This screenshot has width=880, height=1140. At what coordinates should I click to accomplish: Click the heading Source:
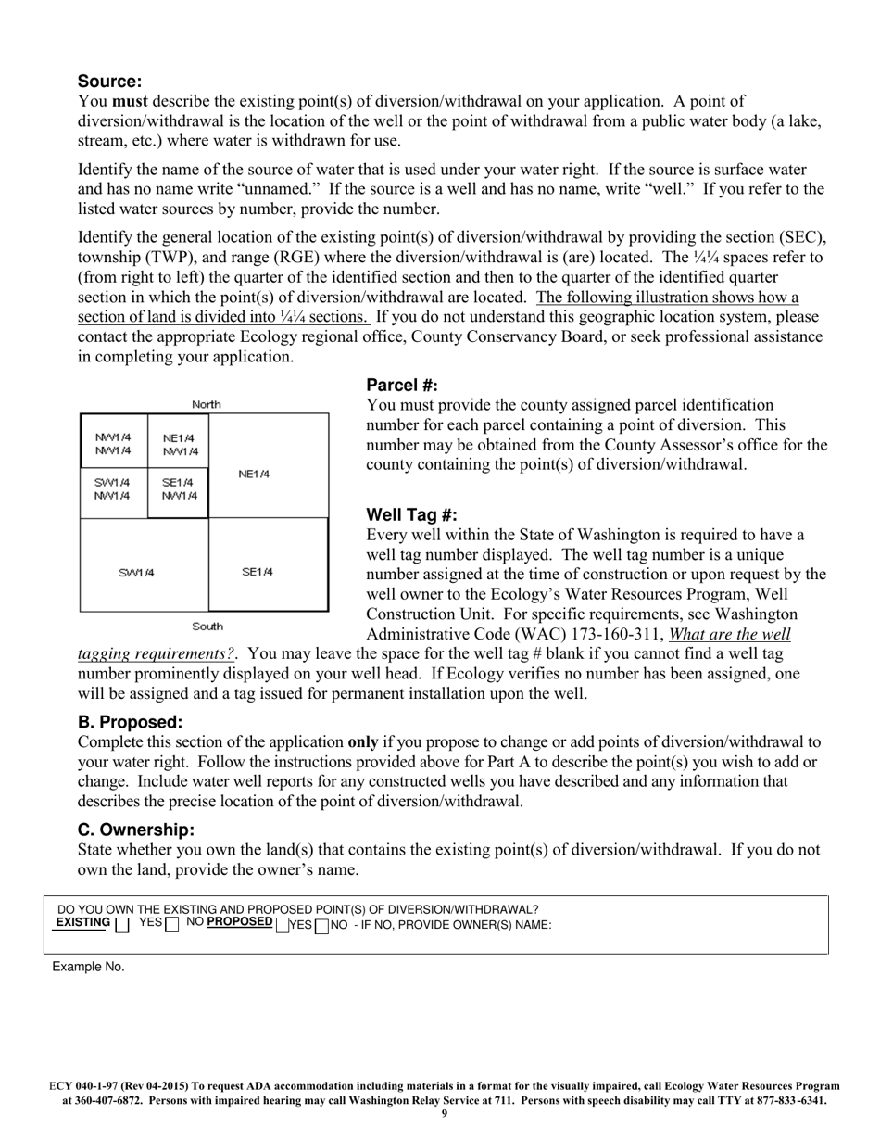[109, 81]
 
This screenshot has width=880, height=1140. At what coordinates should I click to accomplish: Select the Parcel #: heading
[402, 386]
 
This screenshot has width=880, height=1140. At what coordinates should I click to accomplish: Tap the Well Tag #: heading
[411, 515]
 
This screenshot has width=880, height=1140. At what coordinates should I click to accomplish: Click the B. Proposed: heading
[130, 722]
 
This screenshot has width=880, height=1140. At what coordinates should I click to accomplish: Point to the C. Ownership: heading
[136, 830]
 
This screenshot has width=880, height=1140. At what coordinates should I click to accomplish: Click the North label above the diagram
[206, 404]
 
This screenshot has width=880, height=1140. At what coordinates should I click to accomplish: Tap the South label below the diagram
[207, 627]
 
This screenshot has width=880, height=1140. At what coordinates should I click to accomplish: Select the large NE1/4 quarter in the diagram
[254, 475]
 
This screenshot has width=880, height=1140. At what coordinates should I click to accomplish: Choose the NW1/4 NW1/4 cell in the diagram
[113, 444]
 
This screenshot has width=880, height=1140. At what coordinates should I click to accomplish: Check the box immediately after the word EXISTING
[122, 925]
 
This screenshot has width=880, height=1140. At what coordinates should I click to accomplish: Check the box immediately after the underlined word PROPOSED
[283, 925]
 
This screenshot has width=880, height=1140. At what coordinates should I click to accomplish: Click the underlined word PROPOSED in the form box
[240, 922]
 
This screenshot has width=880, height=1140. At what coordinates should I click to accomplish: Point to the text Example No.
[88, 967]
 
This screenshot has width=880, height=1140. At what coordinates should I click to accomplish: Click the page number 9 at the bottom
[444, 1113]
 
